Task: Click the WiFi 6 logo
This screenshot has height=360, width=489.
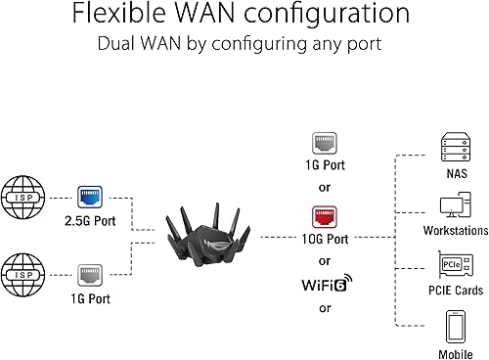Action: coord(323,287)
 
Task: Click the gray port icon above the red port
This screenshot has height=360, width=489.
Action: coord(324,142)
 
